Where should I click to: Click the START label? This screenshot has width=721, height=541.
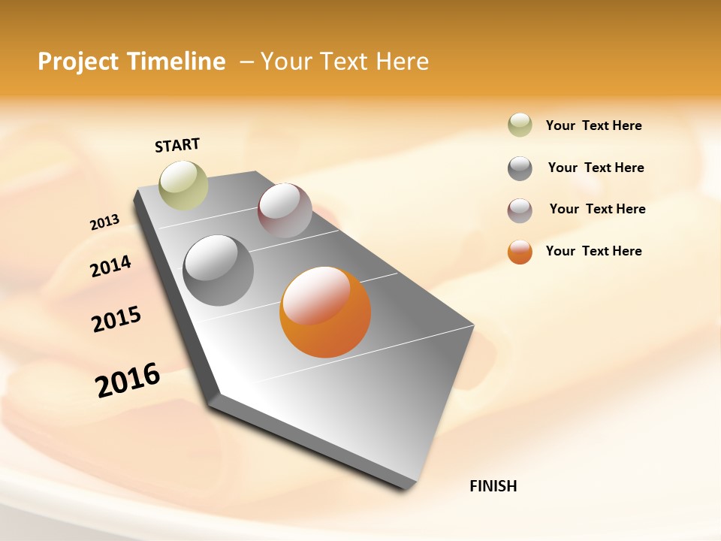click(177, 145)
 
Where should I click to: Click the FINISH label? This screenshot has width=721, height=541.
click(493, 486)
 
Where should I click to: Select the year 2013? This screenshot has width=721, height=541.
click(104, 222)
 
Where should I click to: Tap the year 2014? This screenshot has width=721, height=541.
click(110, 267)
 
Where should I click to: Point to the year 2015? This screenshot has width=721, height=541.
click(116, 319)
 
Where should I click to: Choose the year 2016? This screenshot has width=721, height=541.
click(128, 380)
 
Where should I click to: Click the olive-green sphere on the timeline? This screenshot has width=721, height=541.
click(183, 185)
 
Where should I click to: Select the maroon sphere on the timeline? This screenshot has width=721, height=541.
click(285, 210)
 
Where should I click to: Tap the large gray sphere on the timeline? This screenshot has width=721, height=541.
click(219, 270)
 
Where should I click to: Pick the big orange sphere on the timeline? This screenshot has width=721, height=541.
click(325, 312)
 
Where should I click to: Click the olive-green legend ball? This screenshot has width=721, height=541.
click(520, 125)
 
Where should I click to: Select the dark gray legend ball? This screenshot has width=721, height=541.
click(520, 168)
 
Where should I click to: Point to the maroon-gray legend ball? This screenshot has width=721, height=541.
click(520, 210)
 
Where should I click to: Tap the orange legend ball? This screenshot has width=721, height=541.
click(520, 252)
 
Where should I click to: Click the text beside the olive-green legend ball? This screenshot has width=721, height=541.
click(593, 125)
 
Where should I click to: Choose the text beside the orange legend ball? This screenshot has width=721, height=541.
click(593, 251)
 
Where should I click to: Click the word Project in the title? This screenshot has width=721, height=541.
click(79, 62)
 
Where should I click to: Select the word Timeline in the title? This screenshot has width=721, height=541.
click(177, 62)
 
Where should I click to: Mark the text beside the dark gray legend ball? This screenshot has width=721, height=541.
click(596, 168)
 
